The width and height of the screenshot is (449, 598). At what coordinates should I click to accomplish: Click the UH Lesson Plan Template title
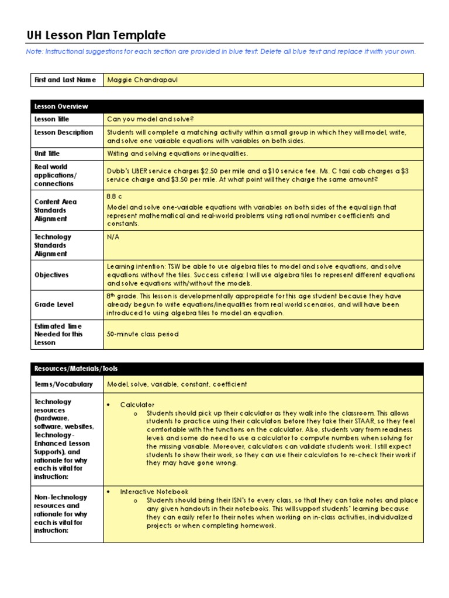[x=96, y=36]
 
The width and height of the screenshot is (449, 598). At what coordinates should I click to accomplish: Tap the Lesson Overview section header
[x=61, y=106]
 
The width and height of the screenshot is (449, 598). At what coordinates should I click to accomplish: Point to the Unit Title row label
[x=47, y=154]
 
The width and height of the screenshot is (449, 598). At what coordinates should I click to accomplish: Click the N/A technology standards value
[x=113, y=237]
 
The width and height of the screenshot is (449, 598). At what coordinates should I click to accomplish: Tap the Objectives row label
[x=51, y=275]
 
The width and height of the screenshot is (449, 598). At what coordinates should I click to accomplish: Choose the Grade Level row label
[x=54, y=305]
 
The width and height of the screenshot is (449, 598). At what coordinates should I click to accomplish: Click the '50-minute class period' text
[x=143, y=335]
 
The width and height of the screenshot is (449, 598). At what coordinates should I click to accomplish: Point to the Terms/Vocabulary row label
[x=63, y=384]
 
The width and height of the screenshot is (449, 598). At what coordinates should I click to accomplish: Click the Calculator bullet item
[x=137, y=405]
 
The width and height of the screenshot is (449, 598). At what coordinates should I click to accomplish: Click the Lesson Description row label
[x=63, y=133]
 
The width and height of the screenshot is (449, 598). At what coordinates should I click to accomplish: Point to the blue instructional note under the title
[x=221, y=51]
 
